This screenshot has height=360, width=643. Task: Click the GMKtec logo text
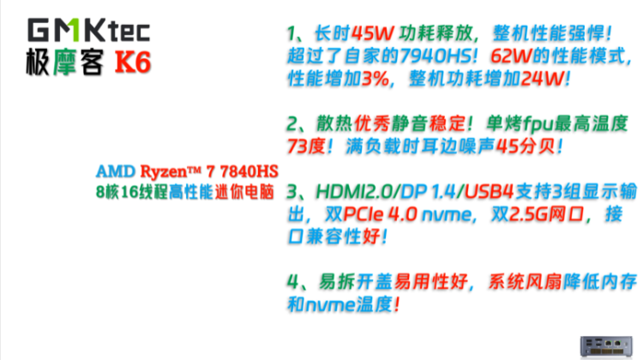(x=88, y=30)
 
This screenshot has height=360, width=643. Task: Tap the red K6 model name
(x=133, y=63)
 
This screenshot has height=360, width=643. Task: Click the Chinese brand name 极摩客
(x=64, y=63)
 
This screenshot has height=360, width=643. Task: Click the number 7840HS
(x=249, y=171)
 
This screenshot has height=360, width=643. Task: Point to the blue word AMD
(x=116, y=171)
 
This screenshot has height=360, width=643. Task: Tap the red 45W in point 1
(x=373, y=33)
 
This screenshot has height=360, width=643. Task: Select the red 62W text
(x=511, y=57)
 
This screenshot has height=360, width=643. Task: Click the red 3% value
(x=375, y=79)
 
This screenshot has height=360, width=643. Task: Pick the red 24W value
(x=542, y=79)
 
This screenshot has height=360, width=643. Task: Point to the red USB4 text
(x=489, y=191)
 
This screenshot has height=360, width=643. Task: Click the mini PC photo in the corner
(x=606, y=347)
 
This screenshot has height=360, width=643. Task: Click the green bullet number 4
(x=293, y=282)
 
